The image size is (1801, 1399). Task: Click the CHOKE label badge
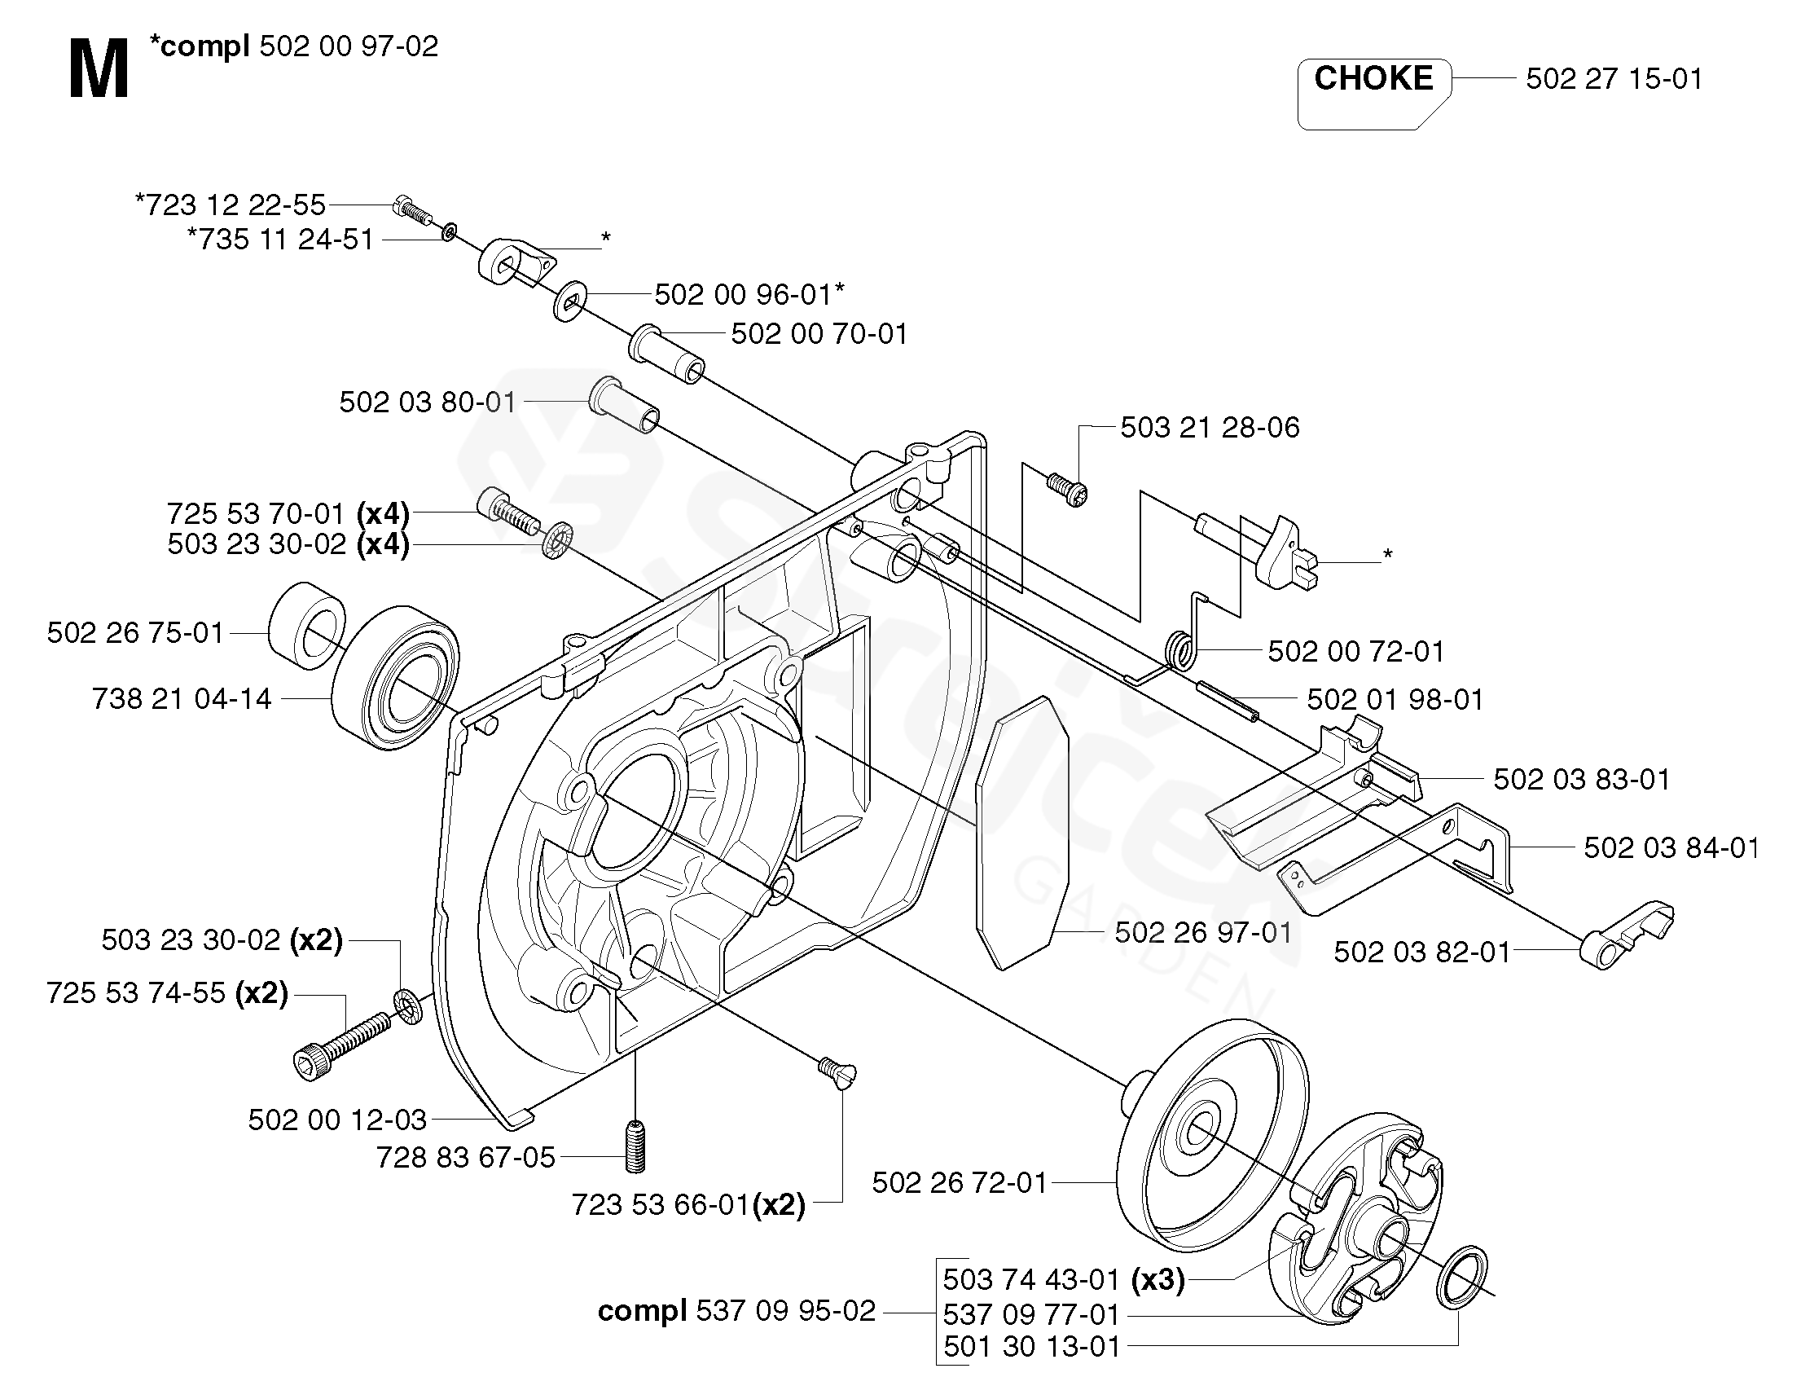pyautogui.click(x=1374, y=93)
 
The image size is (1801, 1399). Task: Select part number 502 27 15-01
pyautogui.click(x=1614, y=79)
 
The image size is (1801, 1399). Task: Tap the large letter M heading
pyautogui.click(x=99, y=72)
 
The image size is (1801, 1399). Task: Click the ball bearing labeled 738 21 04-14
pyautogui.click(x=395, y=677)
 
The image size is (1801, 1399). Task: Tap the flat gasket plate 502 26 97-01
pyautogui.click(x=1021, y=832)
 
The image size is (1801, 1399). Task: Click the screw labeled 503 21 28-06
pyautogui.click(x=1067, y=489)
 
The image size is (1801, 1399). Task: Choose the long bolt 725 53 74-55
pyautogui.click(x=340, y=1043)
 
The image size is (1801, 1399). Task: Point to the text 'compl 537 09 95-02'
pyautogui.click(x=736, y=1310)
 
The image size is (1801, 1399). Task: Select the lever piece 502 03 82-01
pyautogui.click(x=1626, y=934)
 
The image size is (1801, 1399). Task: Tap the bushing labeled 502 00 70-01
pyautogui.click(x=668, y=354)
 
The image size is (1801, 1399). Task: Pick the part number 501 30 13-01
pyautogui.click(x=1031, y=1346)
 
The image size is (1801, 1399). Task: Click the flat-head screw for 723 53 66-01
pyautogui.click(x=837, y=1075)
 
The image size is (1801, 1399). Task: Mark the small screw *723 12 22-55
pyautogui.click(x=413, y=209)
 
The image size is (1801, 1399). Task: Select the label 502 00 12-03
pyautogui.click(x=337, y=1120)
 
